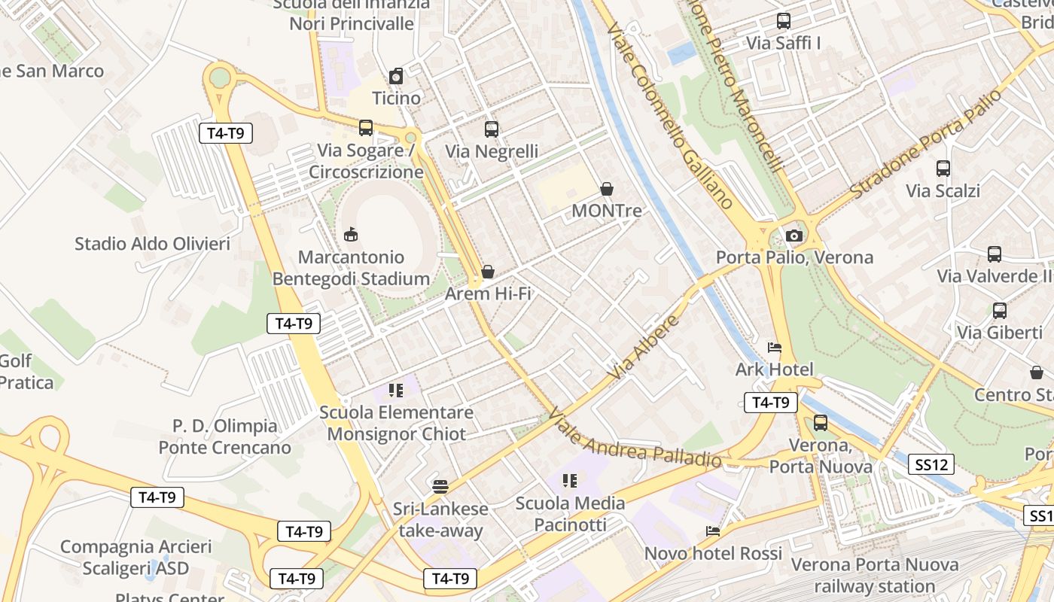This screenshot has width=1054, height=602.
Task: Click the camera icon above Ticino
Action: click(396, 76)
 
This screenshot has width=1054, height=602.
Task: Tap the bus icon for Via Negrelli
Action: click(492, 129)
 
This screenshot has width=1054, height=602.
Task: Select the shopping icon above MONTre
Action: click(607, 189)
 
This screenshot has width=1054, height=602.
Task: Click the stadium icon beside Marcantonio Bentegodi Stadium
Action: click(351, 235)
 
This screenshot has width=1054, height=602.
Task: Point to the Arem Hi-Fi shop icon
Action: click(488, 272)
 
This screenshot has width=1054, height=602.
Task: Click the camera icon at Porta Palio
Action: click(794, 236)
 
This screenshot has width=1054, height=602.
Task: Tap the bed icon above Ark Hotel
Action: click(775, 348)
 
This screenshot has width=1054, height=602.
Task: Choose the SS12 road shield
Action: click(931, 465)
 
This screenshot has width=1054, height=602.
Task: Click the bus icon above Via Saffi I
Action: click(784, 21)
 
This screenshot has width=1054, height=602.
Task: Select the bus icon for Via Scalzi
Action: click(943, 169)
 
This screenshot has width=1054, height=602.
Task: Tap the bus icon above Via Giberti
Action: click(1000, 310)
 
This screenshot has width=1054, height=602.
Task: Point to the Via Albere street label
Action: click(644, 348)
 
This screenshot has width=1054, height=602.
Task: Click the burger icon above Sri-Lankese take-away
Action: click(440, 487)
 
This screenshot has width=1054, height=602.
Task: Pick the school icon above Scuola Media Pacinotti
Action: click(570, 480)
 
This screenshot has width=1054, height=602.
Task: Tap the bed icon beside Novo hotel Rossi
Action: click(713, 531)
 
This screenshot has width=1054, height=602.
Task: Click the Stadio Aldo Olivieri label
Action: click(152, 244)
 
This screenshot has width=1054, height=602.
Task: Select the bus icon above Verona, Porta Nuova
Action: click(821, 423)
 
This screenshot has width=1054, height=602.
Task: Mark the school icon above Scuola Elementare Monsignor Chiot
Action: click(396, 390)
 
